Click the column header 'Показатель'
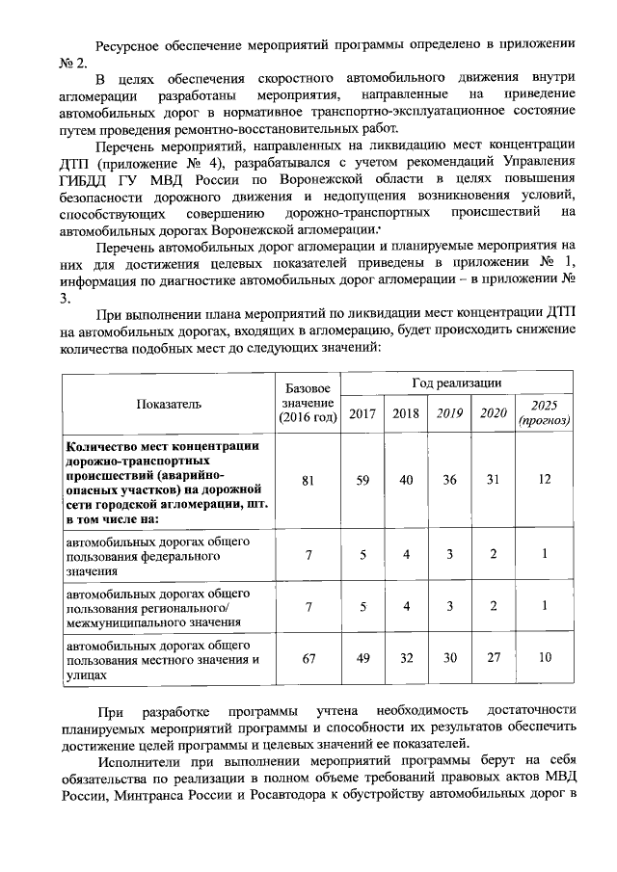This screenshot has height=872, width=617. (x=169, y=404)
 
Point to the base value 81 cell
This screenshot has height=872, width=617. (x=308, y=480)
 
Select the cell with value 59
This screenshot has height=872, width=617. (x=362, y=480)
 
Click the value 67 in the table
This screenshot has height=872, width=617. (x=308, y=657)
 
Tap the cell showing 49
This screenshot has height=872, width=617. (x=362, y=657)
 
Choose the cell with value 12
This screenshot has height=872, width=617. (x=545, y=480)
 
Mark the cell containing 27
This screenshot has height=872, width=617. (x=493, y=657)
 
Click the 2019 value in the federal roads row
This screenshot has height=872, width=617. (x=449, y=554)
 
